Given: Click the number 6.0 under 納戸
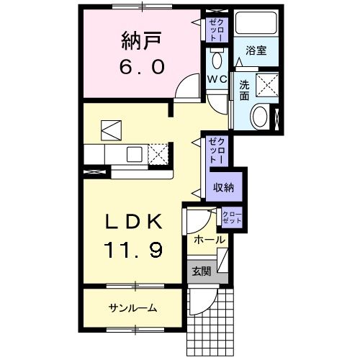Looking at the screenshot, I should (x=143, y=66).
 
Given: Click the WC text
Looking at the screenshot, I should (x=217, y=78).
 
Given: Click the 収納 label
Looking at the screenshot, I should (x=223, y=187).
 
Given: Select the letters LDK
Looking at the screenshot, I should (x=134, y=222).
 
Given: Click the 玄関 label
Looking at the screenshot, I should (x=201, y=271).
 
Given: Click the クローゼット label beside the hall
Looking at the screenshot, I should (x=232, y=217).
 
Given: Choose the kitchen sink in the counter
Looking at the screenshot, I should (x=134, y=153).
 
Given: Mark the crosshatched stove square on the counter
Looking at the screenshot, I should (x=160, y=153).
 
